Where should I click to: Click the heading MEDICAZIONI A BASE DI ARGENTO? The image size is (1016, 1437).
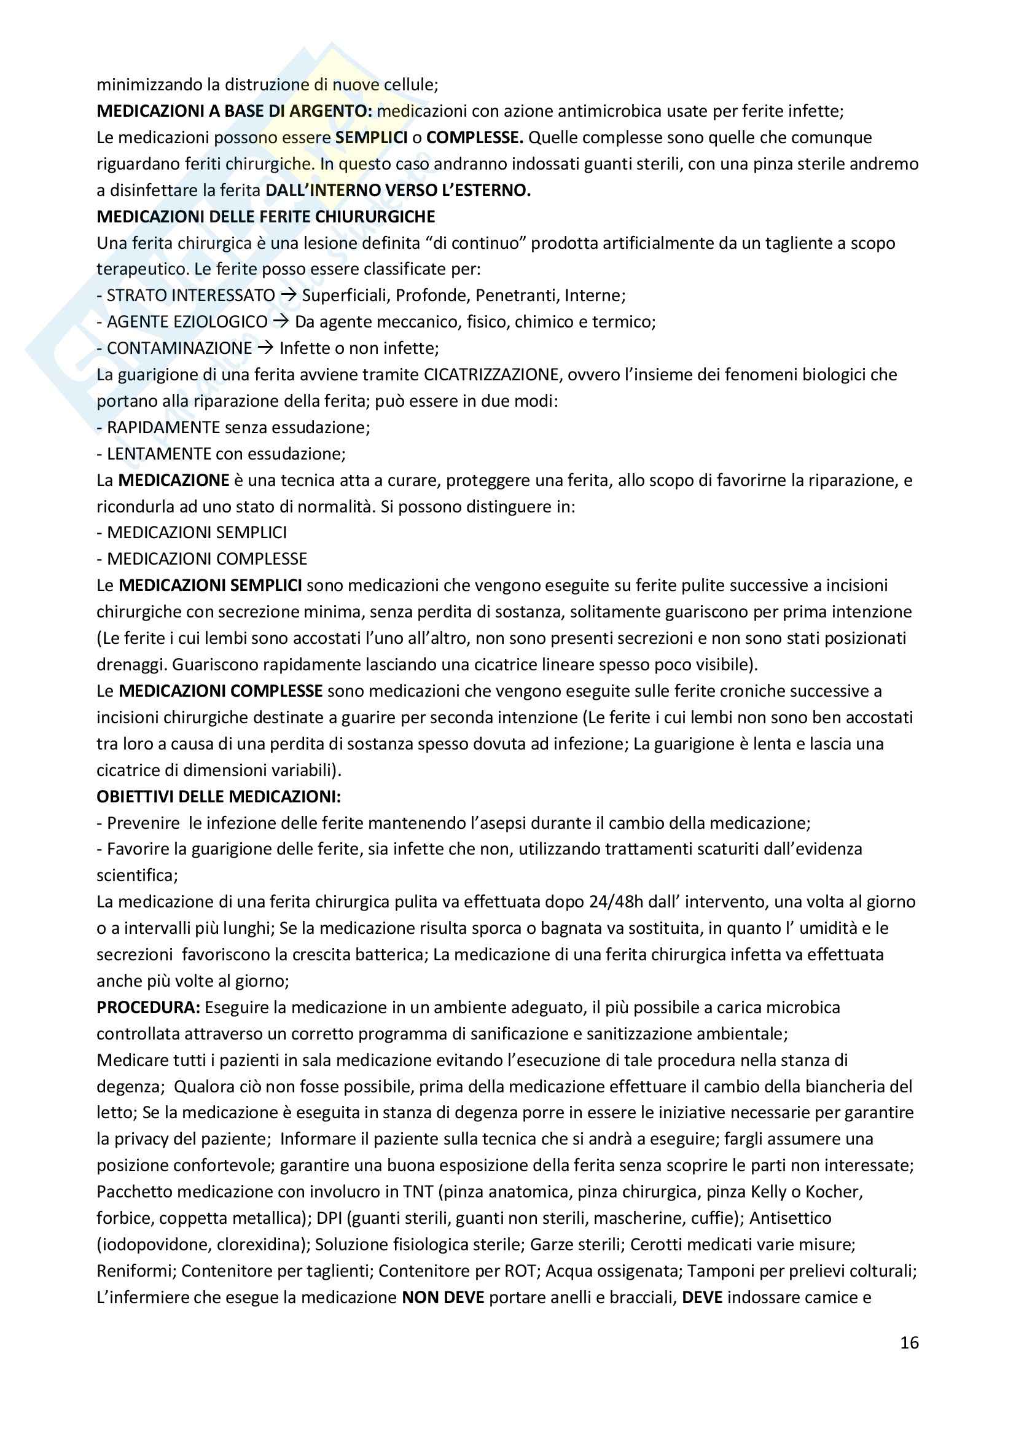tap(235, 111)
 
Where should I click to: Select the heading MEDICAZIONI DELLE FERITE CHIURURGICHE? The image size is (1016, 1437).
tap(266, 216)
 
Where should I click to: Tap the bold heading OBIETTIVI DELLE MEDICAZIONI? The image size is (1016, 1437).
tap(218, 797)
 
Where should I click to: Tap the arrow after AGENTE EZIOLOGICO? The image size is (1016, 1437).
tap(281, 322)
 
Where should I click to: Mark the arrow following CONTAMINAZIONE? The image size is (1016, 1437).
tap(266, 348)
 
